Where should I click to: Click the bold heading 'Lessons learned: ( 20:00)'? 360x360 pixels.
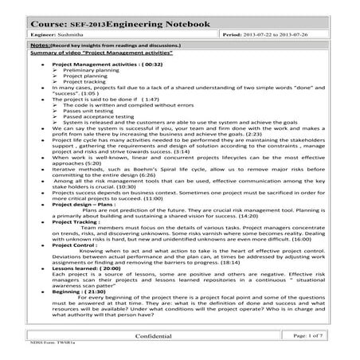pos(87,269)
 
